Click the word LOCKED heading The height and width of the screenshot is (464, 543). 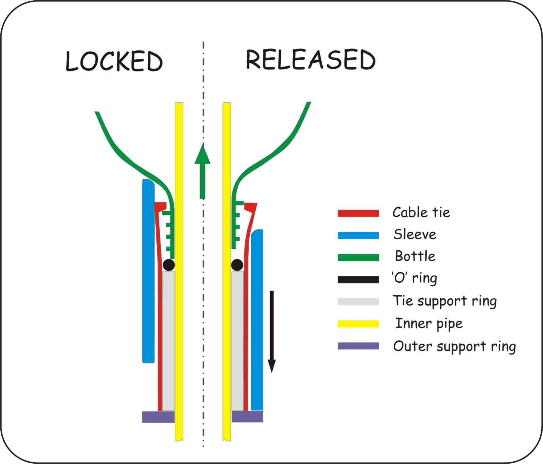[114, 61]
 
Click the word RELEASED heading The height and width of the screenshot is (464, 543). [310, 60]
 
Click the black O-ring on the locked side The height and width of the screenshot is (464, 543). [169, 265]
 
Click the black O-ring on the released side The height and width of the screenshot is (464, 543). [237, 265]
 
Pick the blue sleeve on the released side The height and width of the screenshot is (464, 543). [257, 320]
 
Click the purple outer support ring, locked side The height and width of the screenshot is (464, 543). [158, 417]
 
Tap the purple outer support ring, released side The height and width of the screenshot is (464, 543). [247, 416]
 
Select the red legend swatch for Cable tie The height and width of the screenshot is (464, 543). [358, 213]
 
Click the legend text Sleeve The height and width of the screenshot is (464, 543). [415, 235]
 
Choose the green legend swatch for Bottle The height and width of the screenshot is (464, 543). [358, 257]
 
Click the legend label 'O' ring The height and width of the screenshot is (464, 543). [414, 278]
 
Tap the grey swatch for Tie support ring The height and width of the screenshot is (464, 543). [358, 302]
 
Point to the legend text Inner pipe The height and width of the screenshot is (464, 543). [429, 324]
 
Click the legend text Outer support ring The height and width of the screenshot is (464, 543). [454, 347]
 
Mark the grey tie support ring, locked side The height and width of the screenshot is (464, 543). [168, 340]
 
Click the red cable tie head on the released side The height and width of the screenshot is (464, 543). [251, 207]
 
